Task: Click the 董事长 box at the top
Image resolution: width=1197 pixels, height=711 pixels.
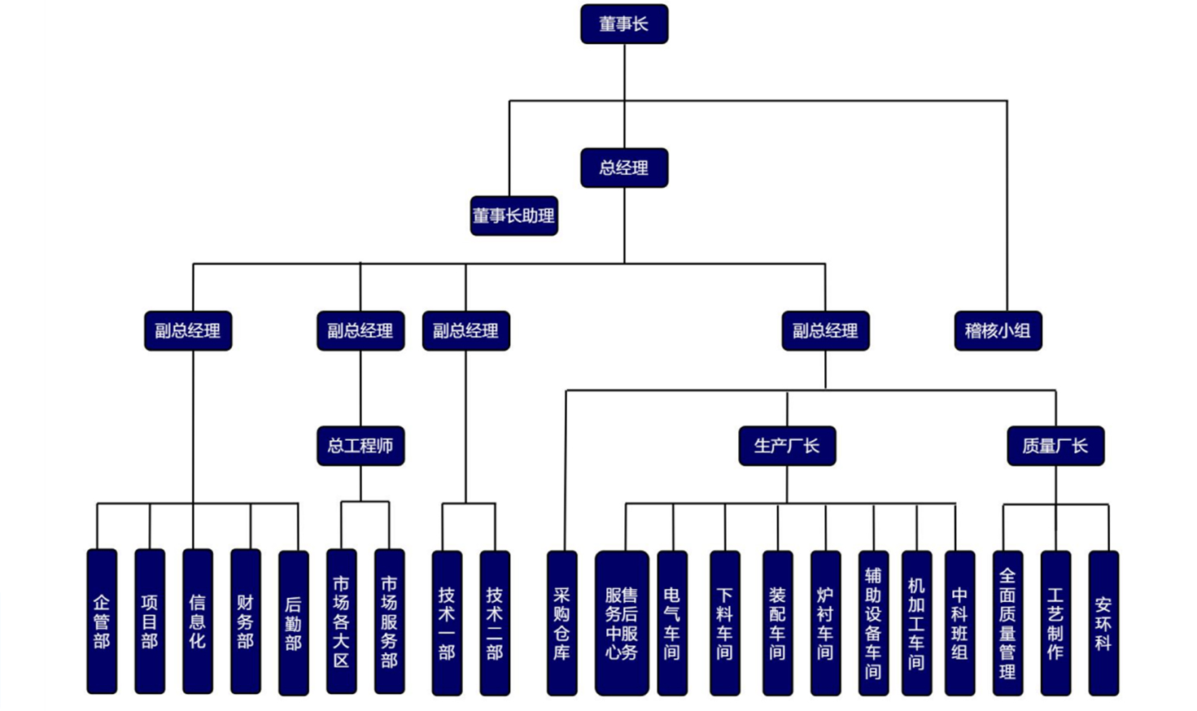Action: click(x=624, y=24)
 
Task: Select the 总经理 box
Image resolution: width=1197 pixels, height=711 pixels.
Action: click(x=624, y=168)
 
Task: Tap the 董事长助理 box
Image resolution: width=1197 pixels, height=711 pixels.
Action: click(x=513, y=216)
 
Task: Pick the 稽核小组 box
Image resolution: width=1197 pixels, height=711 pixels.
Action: click(x=998, y=331)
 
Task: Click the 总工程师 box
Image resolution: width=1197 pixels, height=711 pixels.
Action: click(x=360, y=446)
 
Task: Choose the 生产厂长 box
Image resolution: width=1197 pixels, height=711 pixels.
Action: click(x=787, y=446)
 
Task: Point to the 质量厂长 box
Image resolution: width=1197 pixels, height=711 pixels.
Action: click(x=1055, y=446)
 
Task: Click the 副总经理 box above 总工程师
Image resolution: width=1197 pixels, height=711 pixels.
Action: click(x=360, y=331)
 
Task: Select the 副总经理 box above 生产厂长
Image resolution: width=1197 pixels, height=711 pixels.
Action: click(x=825, y=331)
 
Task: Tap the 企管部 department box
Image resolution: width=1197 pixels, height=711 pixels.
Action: click(x=102, y=622)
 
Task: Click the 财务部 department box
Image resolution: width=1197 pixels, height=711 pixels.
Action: click(x=246, y=622)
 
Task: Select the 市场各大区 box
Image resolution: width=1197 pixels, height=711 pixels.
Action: click(x=341, y=622)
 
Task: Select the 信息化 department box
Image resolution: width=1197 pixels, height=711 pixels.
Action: click(x=198, y=622)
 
